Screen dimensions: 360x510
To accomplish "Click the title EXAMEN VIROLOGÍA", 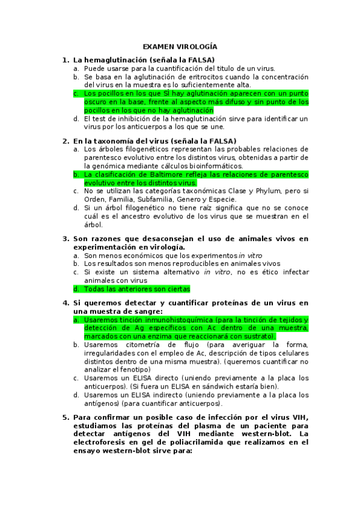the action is (x=180, y=46).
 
